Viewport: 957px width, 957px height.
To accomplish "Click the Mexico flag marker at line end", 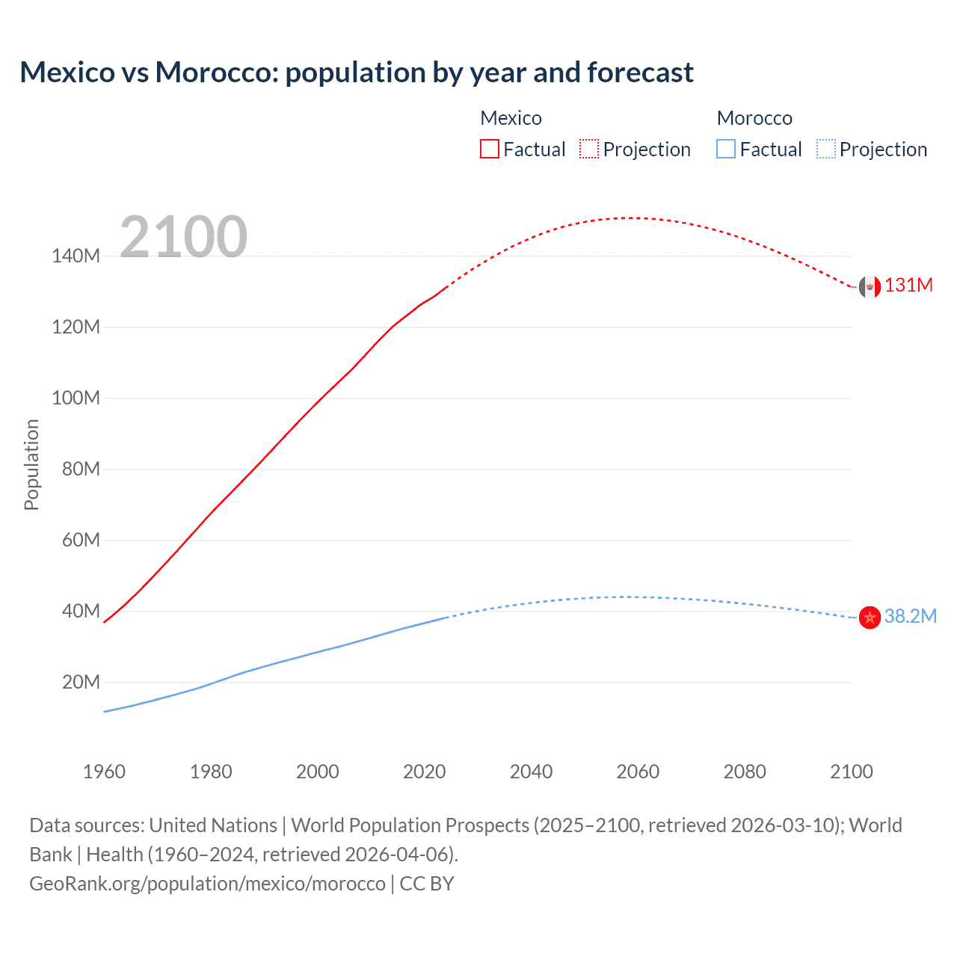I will click(870, 286).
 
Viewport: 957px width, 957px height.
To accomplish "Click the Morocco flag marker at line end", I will click(870, 618).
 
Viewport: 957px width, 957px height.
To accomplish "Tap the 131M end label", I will click(908, 286).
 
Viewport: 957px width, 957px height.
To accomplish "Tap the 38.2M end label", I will click(910, 616).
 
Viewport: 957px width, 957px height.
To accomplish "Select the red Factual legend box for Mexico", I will click(490, 149).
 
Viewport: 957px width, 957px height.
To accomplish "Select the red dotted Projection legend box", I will click(589, 149).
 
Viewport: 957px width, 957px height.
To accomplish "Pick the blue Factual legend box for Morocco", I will click(726, 149).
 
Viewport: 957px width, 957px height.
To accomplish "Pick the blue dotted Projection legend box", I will click(825, 149).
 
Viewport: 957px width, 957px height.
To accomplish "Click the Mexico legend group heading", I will click(511, 118).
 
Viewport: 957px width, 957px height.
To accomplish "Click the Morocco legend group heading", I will click(754, 118).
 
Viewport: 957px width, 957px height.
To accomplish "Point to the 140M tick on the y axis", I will click(76, 256).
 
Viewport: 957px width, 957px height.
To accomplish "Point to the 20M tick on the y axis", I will click(81, 682).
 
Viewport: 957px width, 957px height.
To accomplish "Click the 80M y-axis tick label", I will click(81, 469).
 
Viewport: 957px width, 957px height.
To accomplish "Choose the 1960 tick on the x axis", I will click(104, 772).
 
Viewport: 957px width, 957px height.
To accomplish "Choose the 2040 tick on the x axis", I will click(531, 772).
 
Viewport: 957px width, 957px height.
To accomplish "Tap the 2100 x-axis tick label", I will click(851, 772).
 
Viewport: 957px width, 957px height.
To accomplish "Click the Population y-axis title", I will click(31, 464).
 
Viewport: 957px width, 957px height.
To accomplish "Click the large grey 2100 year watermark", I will click(183, 237).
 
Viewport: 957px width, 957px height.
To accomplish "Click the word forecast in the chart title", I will click(640, 73).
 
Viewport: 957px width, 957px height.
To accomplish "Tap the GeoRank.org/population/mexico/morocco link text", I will click(207, 884).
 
